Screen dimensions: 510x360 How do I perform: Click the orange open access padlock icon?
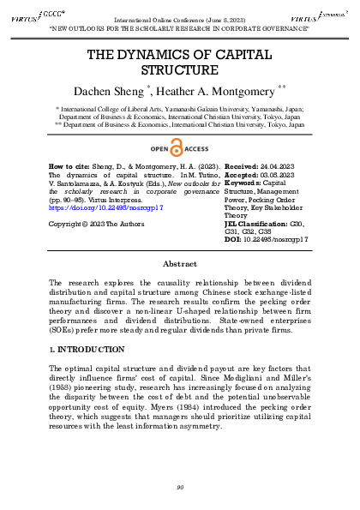pos(178,146)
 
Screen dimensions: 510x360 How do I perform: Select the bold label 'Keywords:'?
pos(243,182)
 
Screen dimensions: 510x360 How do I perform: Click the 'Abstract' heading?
pos(180,265)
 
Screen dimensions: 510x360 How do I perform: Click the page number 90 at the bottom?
pos(180,488)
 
